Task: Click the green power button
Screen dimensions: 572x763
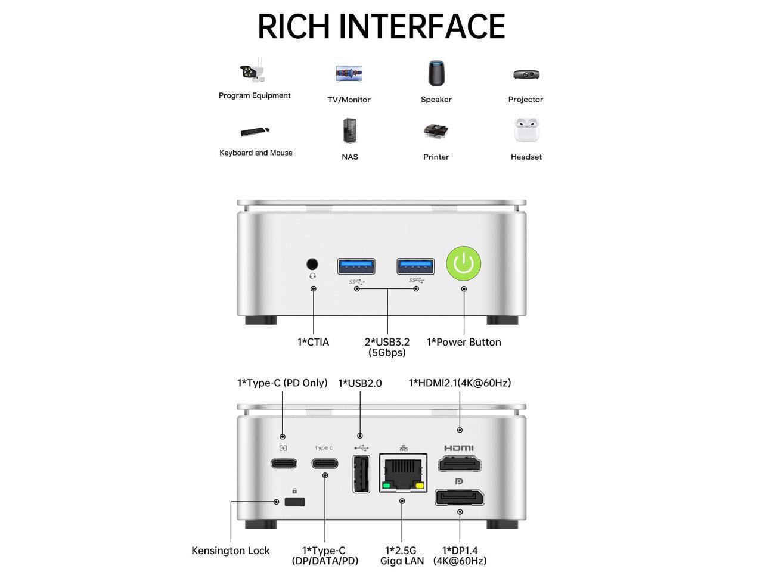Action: (464, 263)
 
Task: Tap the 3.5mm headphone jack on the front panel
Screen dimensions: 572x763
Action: (312, 264)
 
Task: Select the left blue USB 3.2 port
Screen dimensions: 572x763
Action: (356, 266)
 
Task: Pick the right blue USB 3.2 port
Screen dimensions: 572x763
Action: (415, 266)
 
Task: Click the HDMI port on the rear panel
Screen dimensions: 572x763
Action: (460, 464)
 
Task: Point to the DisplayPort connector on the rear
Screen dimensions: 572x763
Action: (459, 497)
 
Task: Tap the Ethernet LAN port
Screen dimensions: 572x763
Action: (403, 472)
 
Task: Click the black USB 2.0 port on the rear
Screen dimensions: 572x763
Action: (361, 474)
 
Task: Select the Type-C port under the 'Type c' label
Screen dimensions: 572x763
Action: (324, 463)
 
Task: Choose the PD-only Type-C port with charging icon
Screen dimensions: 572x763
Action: (283, 463)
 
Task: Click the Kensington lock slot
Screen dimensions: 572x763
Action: (294, 501)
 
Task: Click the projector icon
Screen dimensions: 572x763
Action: (526, 74)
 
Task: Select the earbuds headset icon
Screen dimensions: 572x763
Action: (526, 130)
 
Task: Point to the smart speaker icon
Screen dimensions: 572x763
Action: (436, 73)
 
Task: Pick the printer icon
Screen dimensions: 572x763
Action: (436, 131)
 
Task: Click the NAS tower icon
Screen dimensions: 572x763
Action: (350, 130)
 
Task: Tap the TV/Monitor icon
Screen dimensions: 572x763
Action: (349, 74)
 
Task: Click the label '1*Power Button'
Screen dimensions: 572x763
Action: (464, 342)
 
